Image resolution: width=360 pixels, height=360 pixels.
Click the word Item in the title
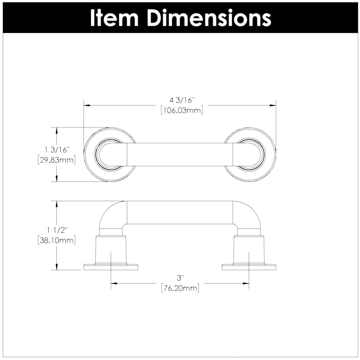tap(114, 18)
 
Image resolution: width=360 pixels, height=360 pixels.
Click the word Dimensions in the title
tap(209, 18)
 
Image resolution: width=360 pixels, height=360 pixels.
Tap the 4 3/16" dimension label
tap(182, 100)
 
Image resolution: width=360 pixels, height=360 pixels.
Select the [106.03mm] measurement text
tap(182, 110)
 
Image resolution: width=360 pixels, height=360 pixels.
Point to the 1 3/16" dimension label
tap(57, 150)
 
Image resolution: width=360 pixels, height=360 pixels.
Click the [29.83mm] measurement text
tap(57, 160)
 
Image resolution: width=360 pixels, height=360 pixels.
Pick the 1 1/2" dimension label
tap(57, 230)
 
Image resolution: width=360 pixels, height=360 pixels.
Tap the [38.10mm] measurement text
tap(57, 240)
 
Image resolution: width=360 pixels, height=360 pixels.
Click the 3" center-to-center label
tap(180, 278)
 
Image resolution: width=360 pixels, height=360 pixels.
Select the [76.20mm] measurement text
tap(180, 288)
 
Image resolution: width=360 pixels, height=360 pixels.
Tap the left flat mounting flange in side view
tap(111, 267)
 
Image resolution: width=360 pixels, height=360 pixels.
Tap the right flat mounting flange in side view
tap(249, 267)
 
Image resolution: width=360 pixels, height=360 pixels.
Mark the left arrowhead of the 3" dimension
tap(114, 283)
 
